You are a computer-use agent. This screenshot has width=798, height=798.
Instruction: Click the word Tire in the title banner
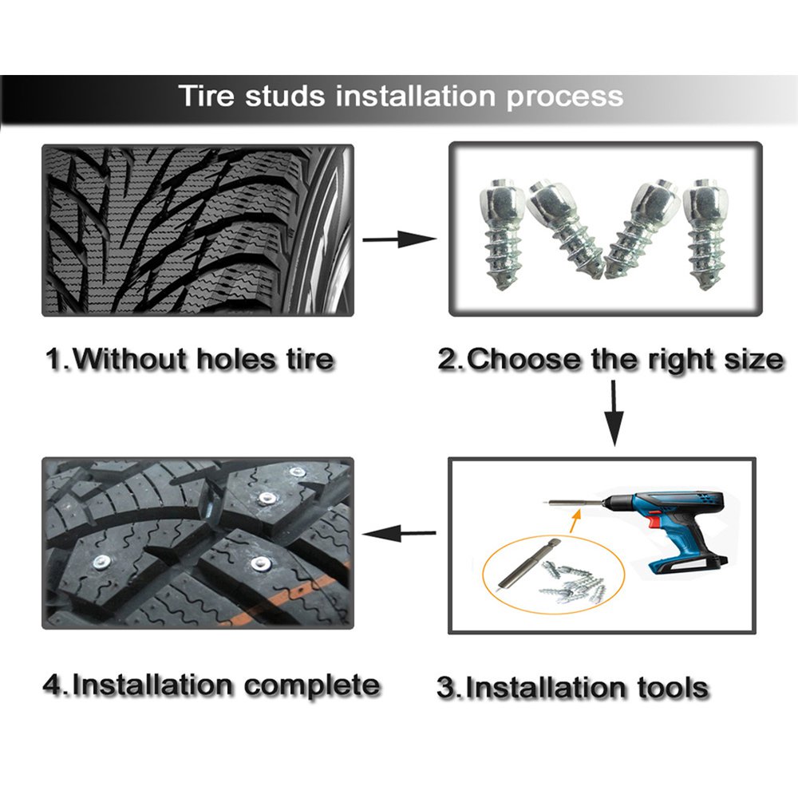click(207, 96)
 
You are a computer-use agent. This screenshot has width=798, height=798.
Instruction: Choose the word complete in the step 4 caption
click(312, 686)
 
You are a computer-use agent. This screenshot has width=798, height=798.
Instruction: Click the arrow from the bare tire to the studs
click(400, 239)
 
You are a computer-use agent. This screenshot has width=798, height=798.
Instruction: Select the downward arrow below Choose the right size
click(614, 413)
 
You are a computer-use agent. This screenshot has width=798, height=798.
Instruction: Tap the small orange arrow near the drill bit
click(575, 521)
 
